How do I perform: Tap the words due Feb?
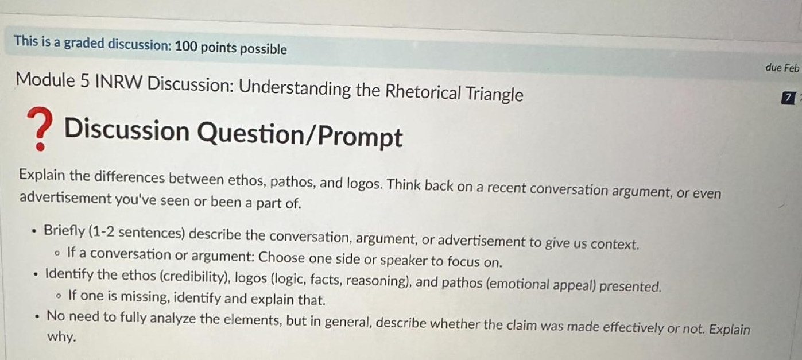tap(782, 68)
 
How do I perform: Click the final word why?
tap(61, 337)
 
